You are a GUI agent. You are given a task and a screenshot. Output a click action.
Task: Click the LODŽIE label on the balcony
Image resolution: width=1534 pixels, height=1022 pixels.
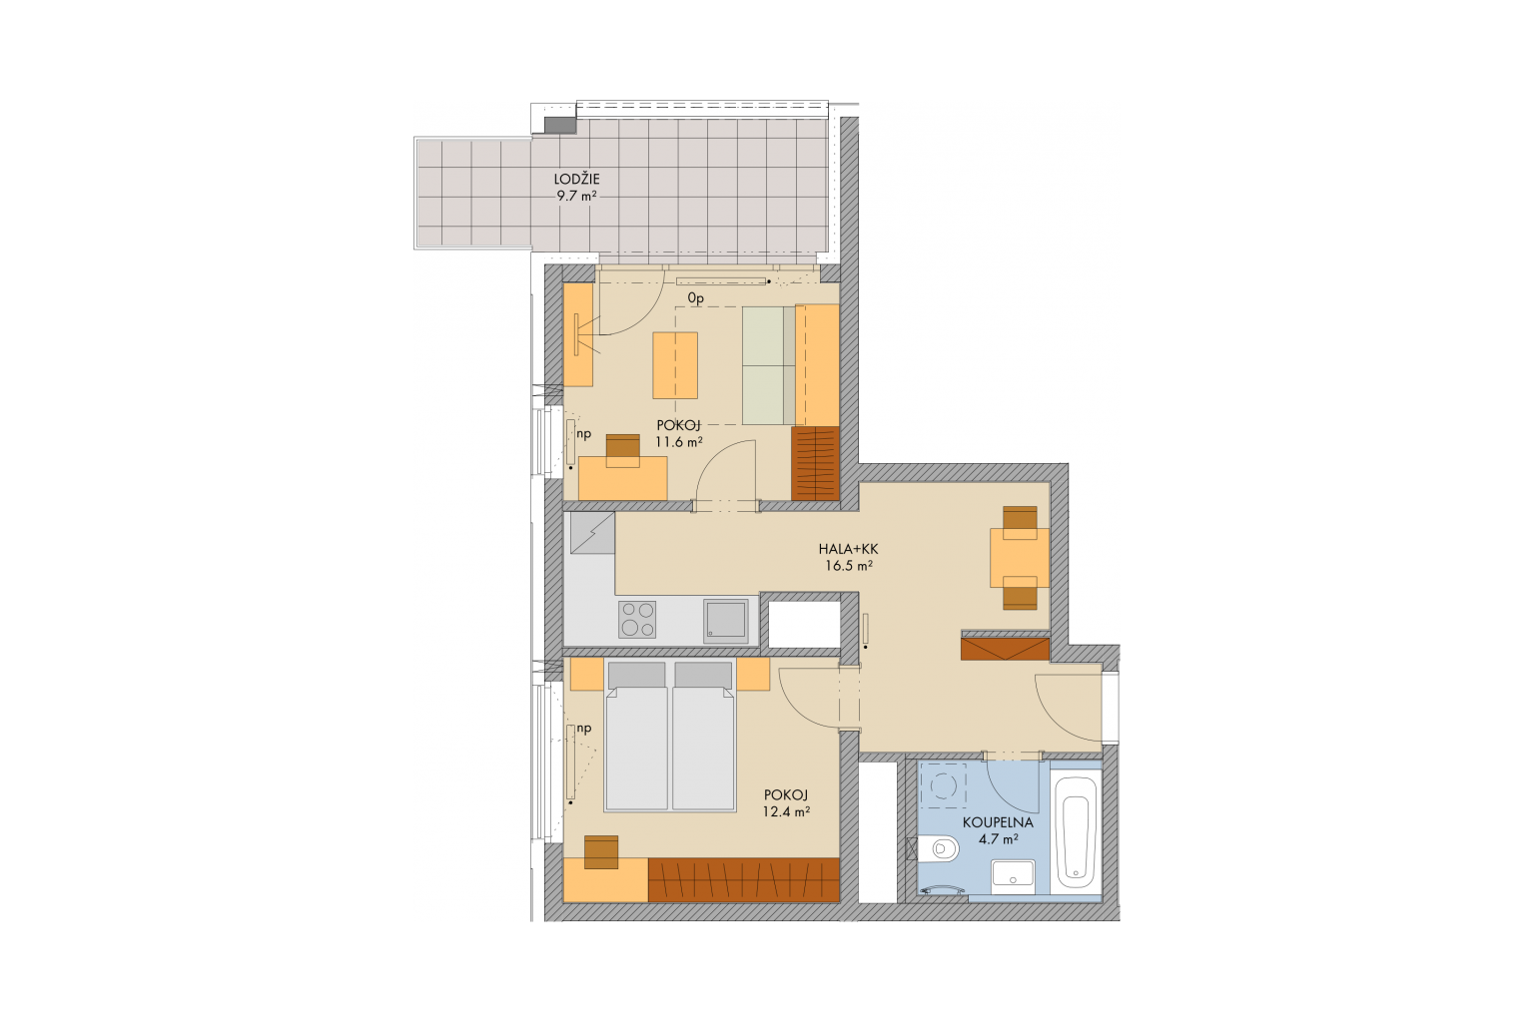(576, 180)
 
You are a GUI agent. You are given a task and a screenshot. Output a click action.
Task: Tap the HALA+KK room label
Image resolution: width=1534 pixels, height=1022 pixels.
(848, 549)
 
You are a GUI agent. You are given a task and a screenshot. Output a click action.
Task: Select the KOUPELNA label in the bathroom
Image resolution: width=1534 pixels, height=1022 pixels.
(998, 822)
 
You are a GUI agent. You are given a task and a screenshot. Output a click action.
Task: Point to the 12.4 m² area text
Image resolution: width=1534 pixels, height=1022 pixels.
(786, 811)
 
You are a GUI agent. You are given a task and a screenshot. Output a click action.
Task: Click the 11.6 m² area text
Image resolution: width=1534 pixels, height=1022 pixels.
(679, 442)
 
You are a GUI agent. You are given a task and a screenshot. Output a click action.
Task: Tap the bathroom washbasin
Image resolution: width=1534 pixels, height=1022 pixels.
(1013, 877)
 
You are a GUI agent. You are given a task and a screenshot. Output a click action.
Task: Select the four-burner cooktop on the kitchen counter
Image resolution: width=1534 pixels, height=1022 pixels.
(637, 619)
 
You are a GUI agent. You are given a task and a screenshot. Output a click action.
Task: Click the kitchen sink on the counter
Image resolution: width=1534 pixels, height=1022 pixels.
(726, 621)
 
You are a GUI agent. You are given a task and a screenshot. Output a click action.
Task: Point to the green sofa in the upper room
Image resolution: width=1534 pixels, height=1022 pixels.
(768, 365)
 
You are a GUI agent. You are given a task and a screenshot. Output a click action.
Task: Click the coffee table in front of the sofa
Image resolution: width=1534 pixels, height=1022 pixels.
(675, 365)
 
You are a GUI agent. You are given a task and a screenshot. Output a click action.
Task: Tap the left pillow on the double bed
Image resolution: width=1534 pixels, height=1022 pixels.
(637, 675)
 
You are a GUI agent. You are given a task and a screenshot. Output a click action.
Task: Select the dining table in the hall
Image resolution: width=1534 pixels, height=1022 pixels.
(1020, 557)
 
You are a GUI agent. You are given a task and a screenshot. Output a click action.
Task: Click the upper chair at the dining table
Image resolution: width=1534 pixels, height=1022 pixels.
(1020, 518)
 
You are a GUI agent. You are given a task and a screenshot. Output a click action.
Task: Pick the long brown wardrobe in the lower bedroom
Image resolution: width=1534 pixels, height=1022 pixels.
(744, 879)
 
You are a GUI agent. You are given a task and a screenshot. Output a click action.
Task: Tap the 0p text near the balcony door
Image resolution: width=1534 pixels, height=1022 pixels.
(696, 298)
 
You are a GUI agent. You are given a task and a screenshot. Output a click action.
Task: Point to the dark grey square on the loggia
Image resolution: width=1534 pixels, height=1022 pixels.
(560, 125)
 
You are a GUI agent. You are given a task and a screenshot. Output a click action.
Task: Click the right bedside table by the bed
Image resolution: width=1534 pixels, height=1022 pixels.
(754, 675)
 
